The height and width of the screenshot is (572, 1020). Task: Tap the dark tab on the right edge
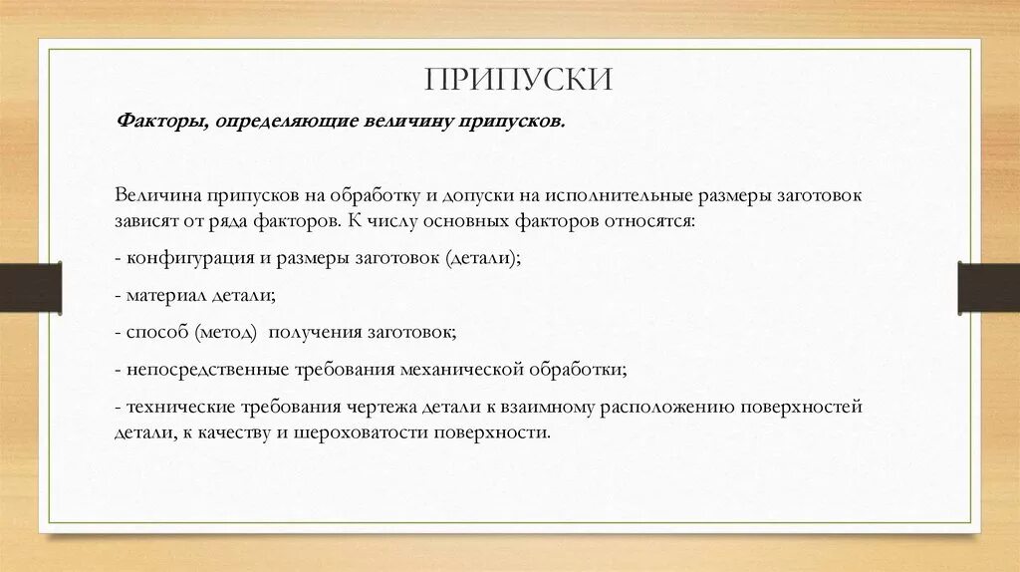point(988,287)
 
